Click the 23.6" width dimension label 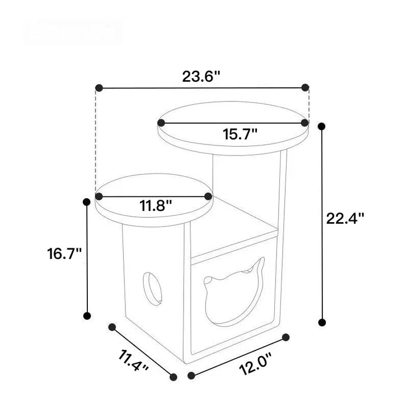(x=201, y=77)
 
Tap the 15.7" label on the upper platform (x=240, y=134)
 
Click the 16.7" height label (x=64, y=253)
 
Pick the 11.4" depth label (x=133, y=360)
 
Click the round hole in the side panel (x=153, y=287)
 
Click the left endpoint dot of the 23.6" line (x=99, y=88)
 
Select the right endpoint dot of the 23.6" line (x=305, y=87)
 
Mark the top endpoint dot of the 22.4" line (x=321, y=126)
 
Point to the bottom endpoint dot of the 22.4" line (x=321, y=322)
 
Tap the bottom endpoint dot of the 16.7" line (x=87, y=316)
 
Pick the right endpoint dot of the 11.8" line (x=208, y=196)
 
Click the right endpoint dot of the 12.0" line (x=286, y=338)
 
